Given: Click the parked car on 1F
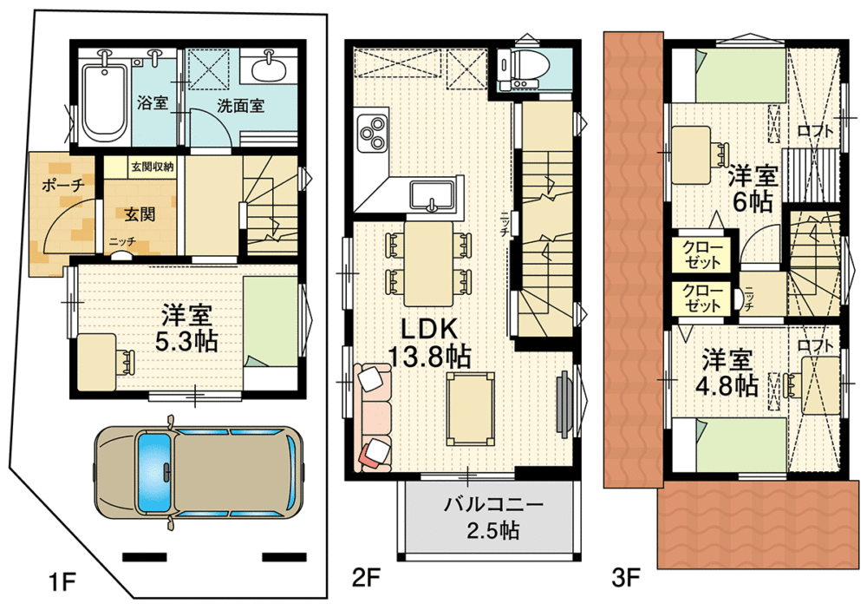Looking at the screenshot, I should click(x=199, y=472).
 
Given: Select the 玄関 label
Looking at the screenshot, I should click(x=140, y=213).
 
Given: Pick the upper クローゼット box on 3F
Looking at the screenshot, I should click(x=701, y=255).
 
